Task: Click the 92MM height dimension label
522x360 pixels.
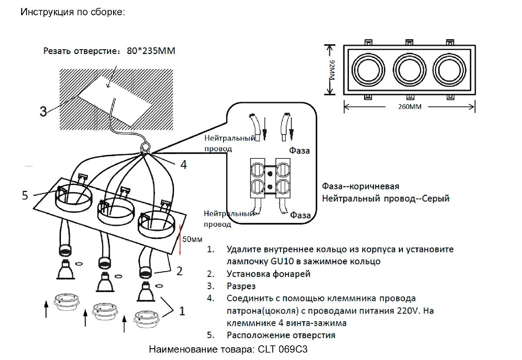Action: click(x=332, y=70)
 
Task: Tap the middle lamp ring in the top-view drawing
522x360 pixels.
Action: click(x=409, y=69)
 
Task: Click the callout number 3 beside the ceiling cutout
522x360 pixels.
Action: click(x=43, y=112)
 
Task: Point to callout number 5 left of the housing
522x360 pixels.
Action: click(x=26, y=195)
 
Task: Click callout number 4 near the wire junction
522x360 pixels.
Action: click(x=184, y=165)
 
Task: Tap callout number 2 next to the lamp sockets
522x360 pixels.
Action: click(x=179, y=271)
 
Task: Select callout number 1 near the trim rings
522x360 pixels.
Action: click(x=182, y=311)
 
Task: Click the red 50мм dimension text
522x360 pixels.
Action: click(x=192, y=239)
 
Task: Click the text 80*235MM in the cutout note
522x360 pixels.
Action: click(x=151, y=51)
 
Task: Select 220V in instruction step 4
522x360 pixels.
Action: click(x=408, y=311)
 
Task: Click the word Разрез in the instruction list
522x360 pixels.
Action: click(x=241, y=286)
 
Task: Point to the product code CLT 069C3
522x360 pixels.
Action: click(x=283, y=350)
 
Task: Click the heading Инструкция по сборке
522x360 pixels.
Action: click(x=73, y=12)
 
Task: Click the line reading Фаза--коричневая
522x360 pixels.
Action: click(x=361, y=187)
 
